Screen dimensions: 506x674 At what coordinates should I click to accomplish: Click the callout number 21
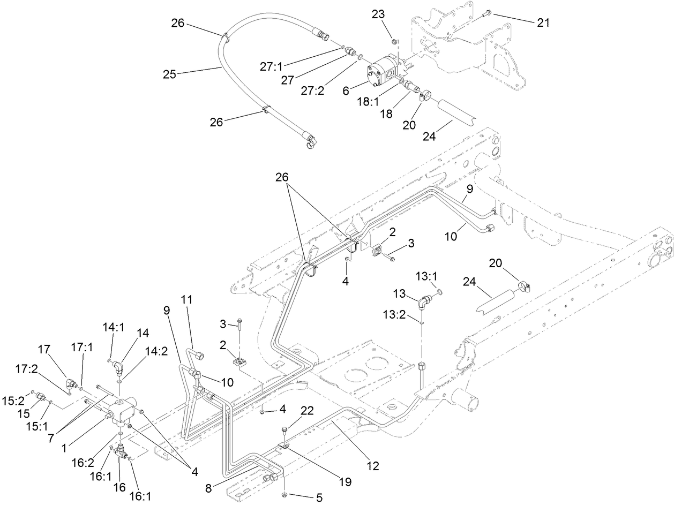[543, 22]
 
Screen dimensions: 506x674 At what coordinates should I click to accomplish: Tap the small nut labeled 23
[394, 41]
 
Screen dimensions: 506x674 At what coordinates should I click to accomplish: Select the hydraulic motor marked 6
[383, 72]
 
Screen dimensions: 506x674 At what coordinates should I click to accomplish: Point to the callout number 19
[346, 481]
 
